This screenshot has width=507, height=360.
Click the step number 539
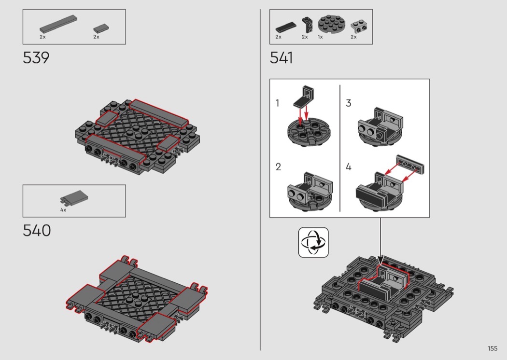[36, 58]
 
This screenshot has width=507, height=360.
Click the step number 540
[37, 230]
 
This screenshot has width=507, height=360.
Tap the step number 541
[282, 58]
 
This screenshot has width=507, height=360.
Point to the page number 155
[493, 348]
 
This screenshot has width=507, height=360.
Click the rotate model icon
[313, 242]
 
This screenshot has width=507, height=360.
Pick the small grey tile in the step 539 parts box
[101, 28]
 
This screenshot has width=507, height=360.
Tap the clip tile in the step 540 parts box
[74, 198]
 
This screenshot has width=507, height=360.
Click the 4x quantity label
[63, 210]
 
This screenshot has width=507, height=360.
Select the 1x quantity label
[320, 37]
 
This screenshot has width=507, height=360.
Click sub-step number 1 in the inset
[277, 103]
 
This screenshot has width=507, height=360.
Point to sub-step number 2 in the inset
[279, 167]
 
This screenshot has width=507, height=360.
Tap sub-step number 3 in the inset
[348, 103]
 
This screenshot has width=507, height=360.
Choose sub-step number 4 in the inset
[349, 167]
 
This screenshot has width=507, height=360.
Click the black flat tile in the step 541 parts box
[286, 28]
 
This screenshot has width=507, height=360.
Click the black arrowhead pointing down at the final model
[380, 260]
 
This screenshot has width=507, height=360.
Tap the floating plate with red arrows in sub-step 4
[410, 165]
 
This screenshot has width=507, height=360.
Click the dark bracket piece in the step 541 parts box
[308, 25]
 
